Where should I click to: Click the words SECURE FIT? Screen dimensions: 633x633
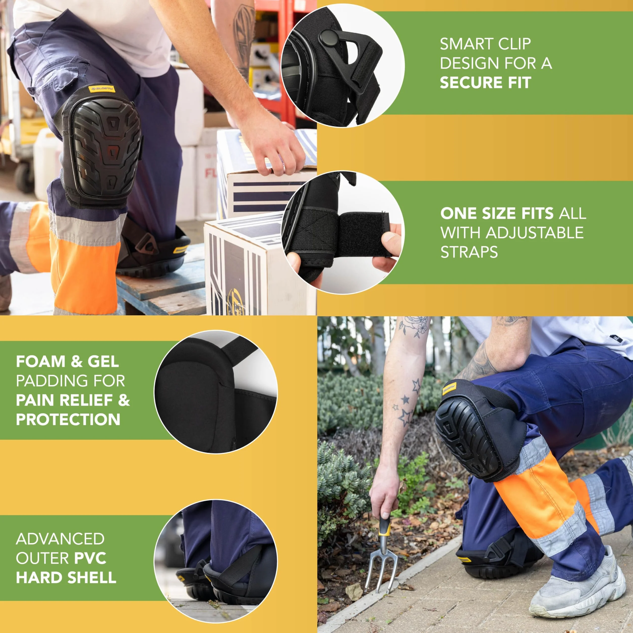coord(485,82)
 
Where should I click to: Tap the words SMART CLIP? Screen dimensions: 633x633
coord(485,44)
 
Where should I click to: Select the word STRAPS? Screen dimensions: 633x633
coord(469,252)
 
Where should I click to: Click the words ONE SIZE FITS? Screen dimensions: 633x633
coord(497,214)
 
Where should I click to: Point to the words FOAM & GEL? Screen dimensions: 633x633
coord(68,362)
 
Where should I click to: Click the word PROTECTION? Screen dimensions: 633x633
coord(68,419)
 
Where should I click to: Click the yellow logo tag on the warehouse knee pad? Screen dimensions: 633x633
coord(102,89)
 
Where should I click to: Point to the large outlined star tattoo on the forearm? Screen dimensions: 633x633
coord(406,417)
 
